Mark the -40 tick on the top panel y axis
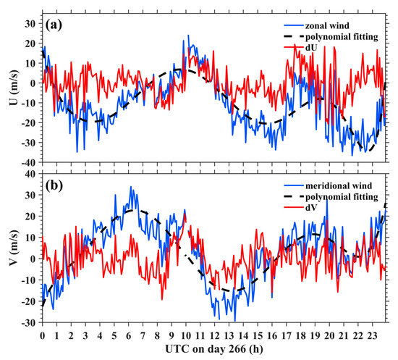pos(27,159)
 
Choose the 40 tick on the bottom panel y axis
pos(30,174)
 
